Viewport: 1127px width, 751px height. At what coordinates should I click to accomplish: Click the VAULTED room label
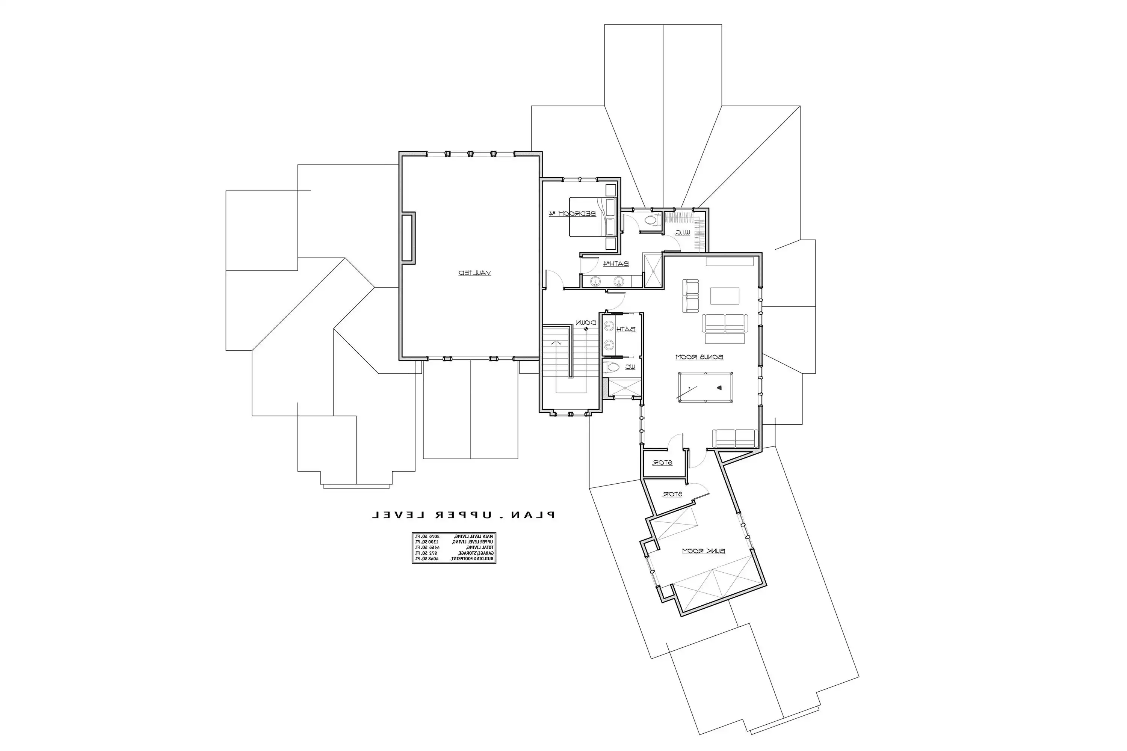point(475,273)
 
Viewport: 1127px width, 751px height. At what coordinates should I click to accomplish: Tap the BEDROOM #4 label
point(572,214)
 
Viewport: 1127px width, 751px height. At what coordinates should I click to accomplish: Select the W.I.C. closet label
point(682,232)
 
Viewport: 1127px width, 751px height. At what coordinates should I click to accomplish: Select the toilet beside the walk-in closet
point(651,221)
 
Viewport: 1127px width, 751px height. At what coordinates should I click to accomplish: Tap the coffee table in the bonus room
point(725,296)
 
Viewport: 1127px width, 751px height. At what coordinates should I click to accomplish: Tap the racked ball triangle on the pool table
point(720,387)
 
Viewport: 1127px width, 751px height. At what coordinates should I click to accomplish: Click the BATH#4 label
point(616,264)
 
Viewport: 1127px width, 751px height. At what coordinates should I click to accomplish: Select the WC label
point(630,367)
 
